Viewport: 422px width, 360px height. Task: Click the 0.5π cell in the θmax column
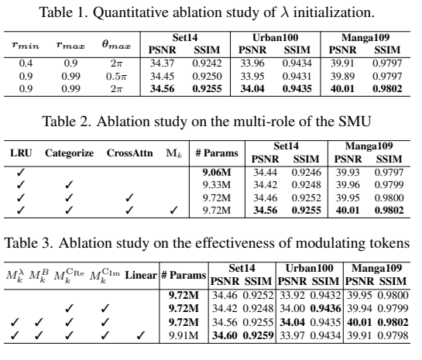click(x=116, y=77)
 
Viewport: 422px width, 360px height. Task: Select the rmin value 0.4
click(x=26, y=63)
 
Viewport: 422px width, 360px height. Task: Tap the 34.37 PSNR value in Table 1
click(x=163, y=63)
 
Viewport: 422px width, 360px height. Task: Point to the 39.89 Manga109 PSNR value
click(x=342, y=77)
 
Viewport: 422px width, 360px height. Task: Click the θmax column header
click(x=116, y=45)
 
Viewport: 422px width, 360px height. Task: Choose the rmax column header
click(x=70, y=45)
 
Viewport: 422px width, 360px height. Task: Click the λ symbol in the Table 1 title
click(x=285, y=12)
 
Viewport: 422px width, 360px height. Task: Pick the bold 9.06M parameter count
click(x=217, y=172)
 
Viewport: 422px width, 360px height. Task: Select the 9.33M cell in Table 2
click(x=217, y=185)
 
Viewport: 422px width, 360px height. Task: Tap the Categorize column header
click(x=69, y=153)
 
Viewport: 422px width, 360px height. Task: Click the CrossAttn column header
click(x=130, y=153)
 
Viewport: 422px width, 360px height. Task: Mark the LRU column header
click(x=21, y=153)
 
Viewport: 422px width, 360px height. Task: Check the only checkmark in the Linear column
click(x=139, y=335)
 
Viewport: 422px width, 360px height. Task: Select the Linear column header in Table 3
click(x=141, y=276)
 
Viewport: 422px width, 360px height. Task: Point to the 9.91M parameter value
click(x=184, y=335)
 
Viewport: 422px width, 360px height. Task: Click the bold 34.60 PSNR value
click(x=225, y=335)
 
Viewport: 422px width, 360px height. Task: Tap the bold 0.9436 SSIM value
click(x=326, y=308)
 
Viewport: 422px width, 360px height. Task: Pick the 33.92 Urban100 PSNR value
click(x=292, y=296)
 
